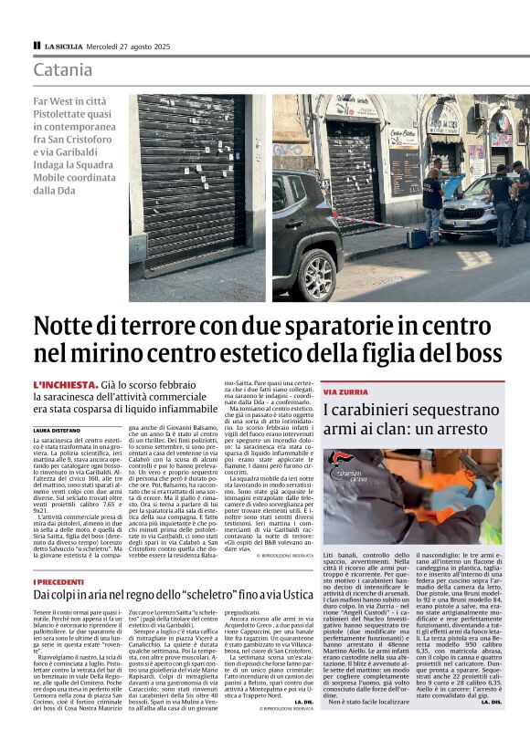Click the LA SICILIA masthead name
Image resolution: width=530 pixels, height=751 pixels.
[63, 45]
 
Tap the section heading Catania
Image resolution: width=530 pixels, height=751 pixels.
[63, 69]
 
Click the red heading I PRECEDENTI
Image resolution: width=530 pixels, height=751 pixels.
[60, 581]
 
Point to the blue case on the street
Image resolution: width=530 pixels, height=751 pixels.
[416, 238]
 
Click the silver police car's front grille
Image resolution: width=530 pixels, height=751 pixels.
[455, 220]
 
